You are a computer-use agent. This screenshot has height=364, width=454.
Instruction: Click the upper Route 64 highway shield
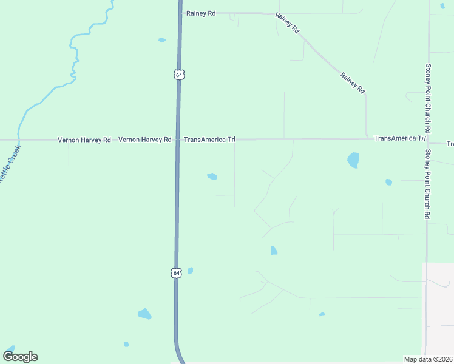click(178, 75)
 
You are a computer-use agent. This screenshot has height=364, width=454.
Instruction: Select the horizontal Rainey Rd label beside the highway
click(201, 13)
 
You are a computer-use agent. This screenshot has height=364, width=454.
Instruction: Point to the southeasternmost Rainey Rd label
click(353, 83)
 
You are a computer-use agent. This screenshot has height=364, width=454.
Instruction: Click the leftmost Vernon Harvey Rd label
click(84, 140)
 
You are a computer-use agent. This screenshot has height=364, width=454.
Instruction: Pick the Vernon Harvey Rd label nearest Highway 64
click(144, 140)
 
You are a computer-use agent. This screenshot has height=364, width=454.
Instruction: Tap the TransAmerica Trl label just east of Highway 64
click(209, 140)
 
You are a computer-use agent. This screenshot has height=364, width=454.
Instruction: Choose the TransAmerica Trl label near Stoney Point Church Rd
click(399, 139)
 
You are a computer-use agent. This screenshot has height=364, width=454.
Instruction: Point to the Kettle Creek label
click(10, 164)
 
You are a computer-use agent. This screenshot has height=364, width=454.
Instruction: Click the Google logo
click(20, 357)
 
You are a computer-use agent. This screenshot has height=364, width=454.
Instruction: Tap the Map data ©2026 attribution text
click(428, 359)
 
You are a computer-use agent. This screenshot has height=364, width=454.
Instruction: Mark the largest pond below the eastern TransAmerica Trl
click(353, 160)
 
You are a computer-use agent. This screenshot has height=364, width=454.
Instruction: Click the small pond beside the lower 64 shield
click(190, 271)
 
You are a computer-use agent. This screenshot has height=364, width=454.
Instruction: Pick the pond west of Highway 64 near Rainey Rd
click(162, 41)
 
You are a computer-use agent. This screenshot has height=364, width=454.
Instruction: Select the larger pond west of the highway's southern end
click(144, 314)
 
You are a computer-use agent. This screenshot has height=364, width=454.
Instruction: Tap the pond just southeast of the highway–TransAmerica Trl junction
click(212, 177)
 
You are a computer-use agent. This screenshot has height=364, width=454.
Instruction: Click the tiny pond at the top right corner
click(442, 6)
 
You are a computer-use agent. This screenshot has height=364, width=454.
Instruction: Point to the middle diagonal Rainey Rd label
click(288, 22)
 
